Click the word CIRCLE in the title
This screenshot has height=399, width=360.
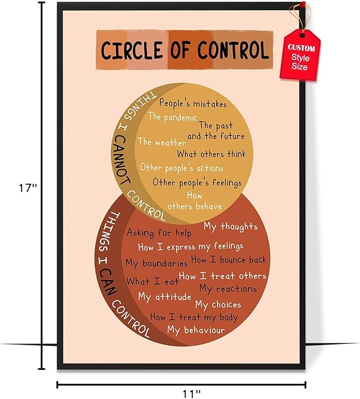131,50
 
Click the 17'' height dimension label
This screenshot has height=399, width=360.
28,188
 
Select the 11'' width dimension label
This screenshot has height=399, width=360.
191,393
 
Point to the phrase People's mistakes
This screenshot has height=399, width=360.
192,103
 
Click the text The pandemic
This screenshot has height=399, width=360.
173,117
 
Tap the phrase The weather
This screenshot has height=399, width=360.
162,142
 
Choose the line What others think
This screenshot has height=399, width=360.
211,154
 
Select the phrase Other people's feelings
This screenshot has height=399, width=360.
197,183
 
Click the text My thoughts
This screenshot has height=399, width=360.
230,227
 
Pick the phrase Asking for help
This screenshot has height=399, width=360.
159,233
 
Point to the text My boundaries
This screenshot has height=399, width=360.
156,263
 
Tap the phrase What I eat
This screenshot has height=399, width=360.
153,281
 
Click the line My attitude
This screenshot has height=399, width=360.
164,297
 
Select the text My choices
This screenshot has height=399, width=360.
218,305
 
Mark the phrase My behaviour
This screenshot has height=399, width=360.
196,330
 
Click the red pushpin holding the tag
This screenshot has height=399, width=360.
303,4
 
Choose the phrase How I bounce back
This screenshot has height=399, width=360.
229,259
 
